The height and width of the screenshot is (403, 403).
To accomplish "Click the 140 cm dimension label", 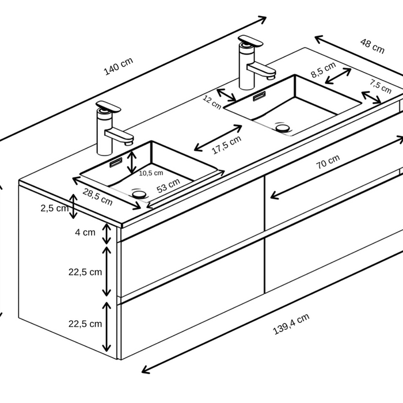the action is (x=119, y=66).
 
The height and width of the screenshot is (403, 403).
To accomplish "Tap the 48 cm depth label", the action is (x=372, y=46).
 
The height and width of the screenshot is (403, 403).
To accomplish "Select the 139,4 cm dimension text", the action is (x=291, y=324).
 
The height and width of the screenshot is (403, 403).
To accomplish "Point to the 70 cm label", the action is (x=328, y=162).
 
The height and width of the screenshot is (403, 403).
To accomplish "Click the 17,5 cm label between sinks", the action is (x=227, y=145).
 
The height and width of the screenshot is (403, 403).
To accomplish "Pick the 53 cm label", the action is (x=168, y=185).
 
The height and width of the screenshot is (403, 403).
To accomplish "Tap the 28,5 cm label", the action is (x=98, y=197).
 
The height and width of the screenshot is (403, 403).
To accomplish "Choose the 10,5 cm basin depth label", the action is (x=151, y=173).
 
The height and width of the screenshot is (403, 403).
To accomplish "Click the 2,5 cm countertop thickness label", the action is (x=55, y=208).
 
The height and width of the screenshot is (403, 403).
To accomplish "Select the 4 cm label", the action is (x=85, y=233).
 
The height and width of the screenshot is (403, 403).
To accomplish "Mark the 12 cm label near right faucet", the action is (x=212, y=102).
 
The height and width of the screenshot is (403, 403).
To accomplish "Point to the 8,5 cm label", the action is (x=324, y=70).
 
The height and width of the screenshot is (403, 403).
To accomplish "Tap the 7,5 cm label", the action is (x=381, y=86).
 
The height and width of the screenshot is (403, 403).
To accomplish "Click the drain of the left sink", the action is (x=139, y=194).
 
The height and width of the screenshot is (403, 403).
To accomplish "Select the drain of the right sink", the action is (x=283, y=127).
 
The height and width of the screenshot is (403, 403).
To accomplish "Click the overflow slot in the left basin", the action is (x=116, y=162).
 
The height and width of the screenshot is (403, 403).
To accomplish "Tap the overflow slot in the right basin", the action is (x=259, y=96).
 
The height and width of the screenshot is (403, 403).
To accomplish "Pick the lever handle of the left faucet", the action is (x=108, y=107).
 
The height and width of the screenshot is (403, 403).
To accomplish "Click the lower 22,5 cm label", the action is (x=85, y=324).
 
